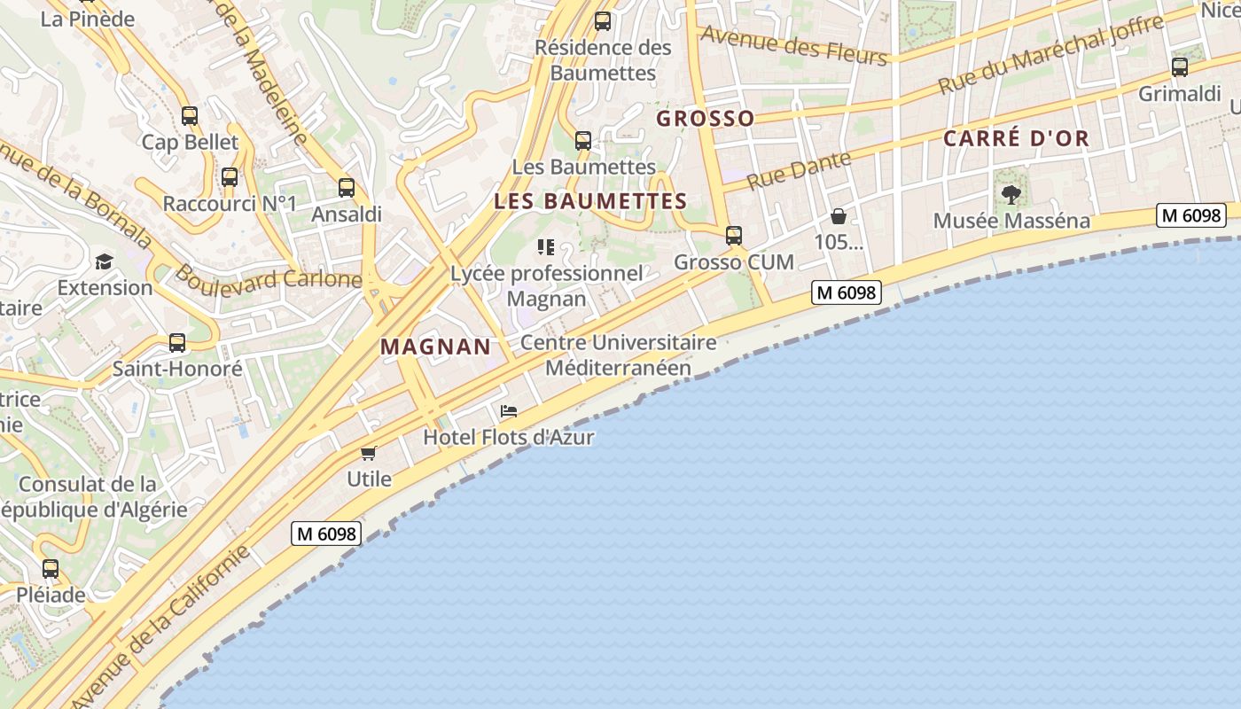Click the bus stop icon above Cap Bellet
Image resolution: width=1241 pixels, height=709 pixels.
click(x=189, y=116)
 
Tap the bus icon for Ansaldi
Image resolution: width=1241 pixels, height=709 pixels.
click(x=347, y=188)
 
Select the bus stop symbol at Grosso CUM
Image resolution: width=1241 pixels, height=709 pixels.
click(x=734, y=236)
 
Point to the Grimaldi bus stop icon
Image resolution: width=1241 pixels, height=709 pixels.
click(x=1180, y=67)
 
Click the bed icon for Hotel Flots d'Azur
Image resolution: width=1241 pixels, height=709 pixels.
click(x=509, y=411)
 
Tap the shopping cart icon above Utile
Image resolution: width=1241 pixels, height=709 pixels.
click(x=369, y=453)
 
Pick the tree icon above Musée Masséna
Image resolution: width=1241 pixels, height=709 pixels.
click(x=1011, y=195)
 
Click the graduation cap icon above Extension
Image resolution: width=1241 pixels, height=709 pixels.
click(x=105, y=261)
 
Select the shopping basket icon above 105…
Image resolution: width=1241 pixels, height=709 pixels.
click(x=839, y=216)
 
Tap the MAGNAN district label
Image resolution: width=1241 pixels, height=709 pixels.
click(x=435, y=347)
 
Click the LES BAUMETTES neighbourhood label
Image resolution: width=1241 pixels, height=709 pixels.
click(x=590, y=201)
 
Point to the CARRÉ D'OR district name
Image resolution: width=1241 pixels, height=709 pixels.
click(x=1016, y=138)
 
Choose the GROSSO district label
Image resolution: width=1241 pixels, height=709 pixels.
click(x=706, y=118)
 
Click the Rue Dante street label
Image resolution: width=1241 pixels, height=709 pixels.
click(x=799, y=170)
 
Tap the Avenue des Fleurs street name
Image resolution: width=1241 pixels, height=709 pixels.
click(x=793, y=45)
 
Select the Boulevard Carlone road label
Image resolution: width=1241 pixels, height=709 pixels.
click(x=268, y=277)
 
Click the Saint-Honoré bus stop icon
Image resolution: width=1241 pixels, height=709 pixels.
click(x=177, y=343)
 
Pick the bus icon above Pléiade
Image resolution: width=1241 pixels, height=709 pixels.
click(x=51, y=569)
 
